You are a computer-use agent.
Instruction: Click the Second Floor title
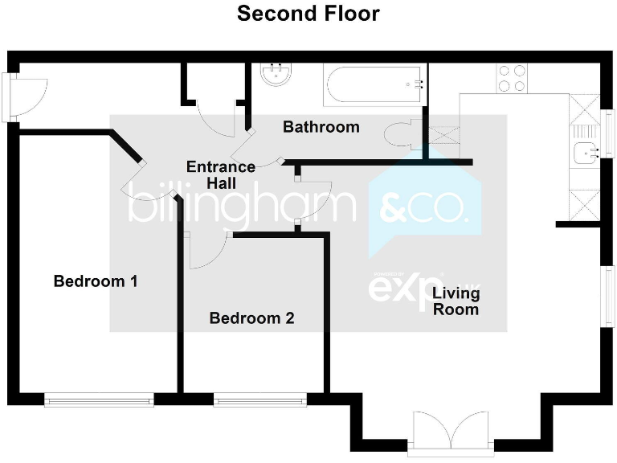click(x=308, y=14)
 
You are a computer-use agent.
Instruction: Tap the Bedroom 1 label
click(x=96, y=281)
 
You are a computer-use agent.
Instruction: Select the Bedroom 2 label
click(x=251, y=318)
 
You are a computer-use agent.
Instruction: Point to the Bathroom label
click(x=321, y=127)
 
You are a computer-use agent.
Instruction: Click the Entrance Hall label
click(x=220, y=175)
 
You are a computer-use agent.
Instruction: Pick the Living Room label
click(x=456, y=301)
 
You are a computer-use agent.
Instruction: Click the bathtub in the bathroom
click(x=374, y=84)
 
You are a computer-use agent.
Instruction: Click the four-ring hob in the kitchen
click(x=512, y=78)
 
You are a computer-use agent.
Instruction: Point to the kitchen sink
click(x=584, y=151)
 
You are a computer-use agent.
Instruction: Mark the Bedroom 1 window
click(x=98, y=399)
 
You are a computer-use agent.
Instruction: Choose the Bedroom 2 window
click(x=259, y=399)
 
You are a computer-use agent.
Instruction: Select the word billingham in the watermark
click(x=241, y=207)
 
